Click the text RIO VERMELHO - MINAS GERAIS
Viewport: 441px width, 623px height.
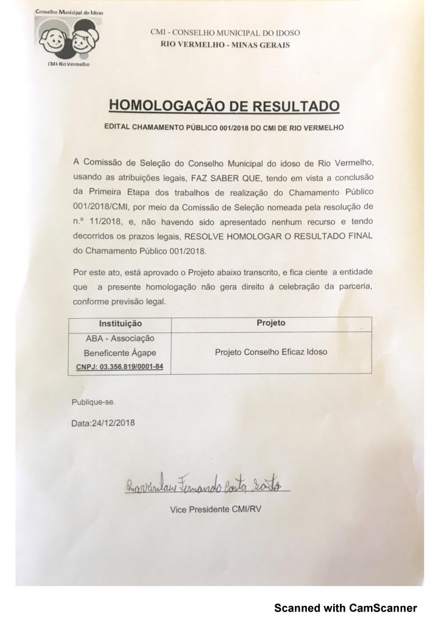click(225, 44)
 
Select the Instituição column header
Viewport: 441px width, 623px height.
click(120, 323)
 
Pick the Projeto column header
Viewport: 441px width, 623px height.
click(271, 322)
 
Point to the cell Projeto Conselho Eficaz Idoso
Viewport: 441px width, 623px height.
click(271, 352)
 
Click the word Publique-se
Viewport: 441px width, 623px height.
click(93, 402)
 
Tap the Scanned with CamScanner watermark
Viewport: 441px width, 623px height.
click(345, 607)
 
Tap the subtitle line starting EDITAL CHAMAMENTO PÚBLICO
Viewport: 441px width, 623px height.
click(224, 128)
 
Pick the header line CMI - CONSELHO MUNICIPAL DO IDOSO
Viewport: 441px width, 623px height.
click(225, 33)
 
